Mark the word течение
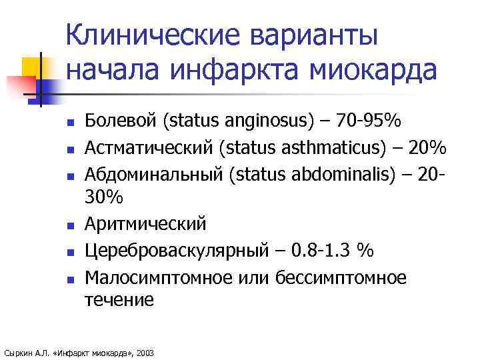click(119, 299)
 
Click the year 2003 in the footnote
click(144, 352)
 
